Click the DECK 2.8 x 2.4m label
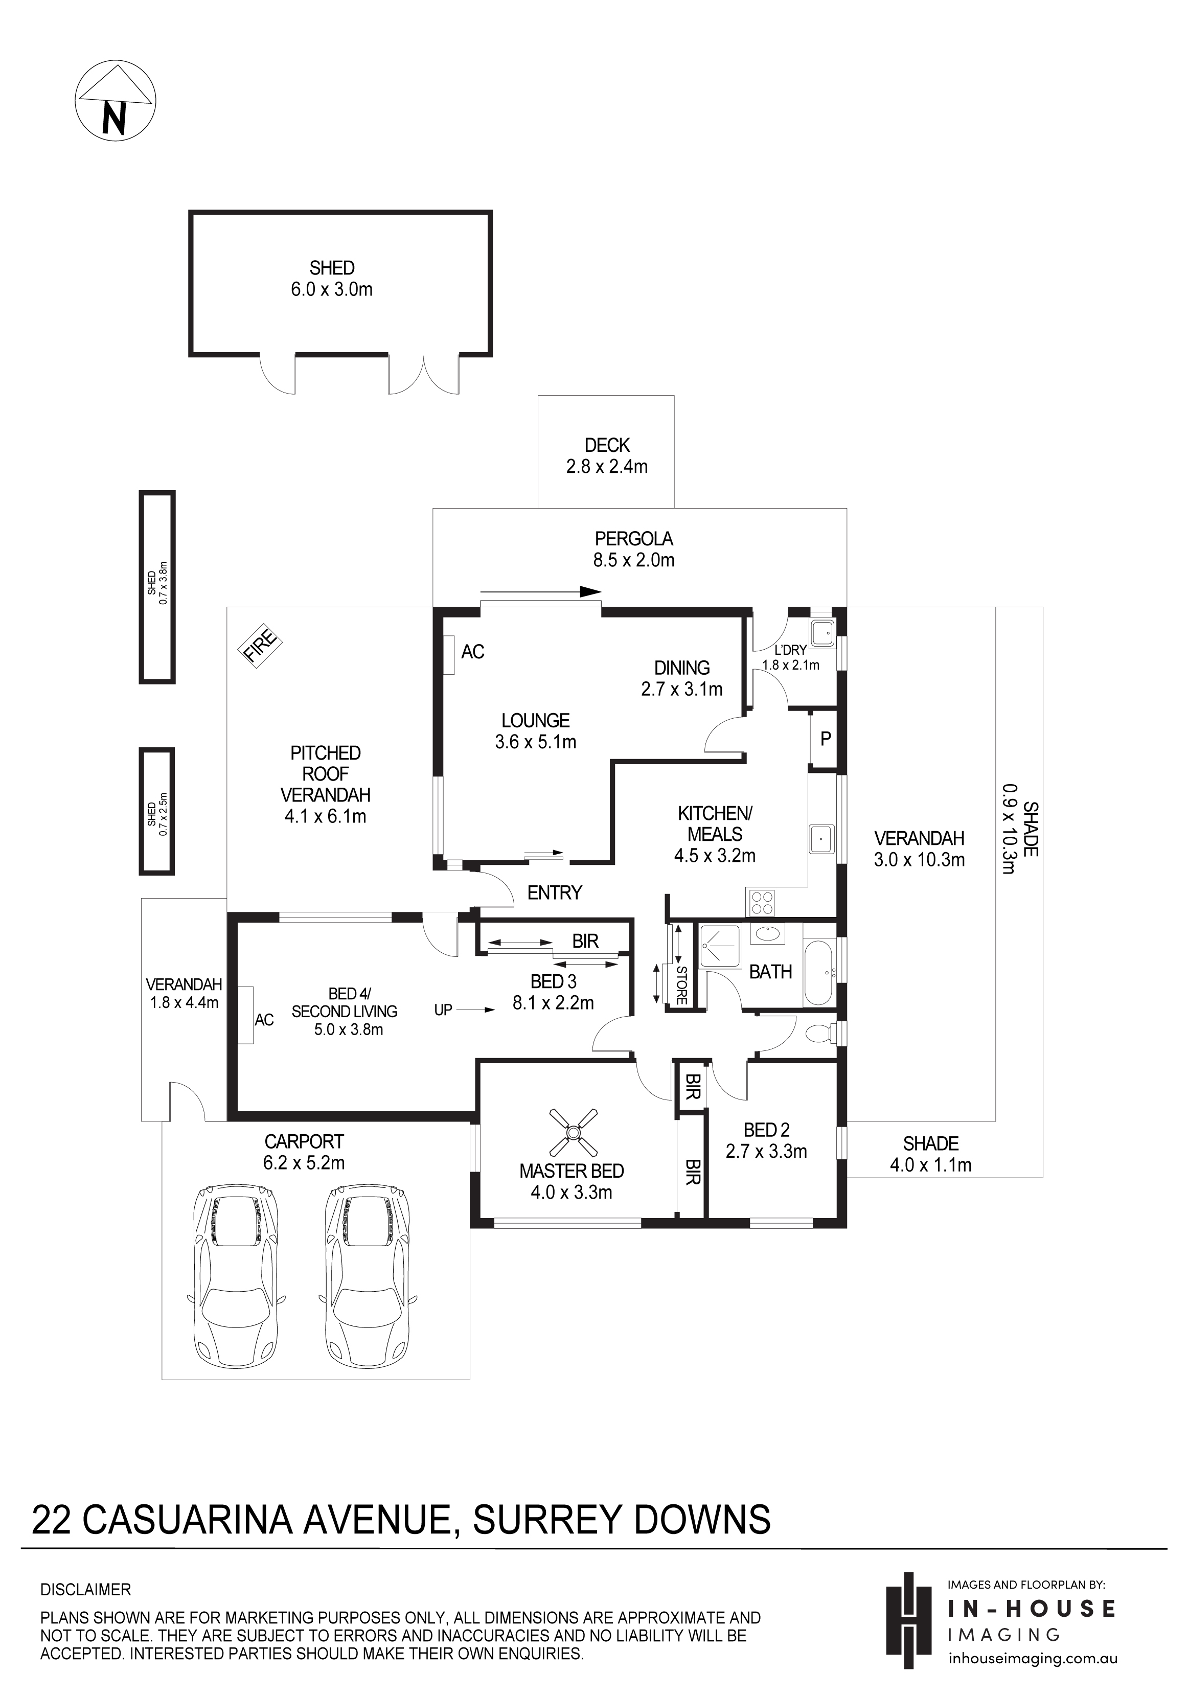pyautogui.click(x=607, y=456)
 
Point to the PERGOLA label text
pyautogui.click(x=634, y=539)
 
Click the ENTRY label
pyautogui.click(x=554, y=893)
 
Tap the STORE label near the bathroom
pyautogui.click(x=681, y=985)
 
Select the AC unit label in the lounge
pyautogui.click(x=473, y=652)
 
